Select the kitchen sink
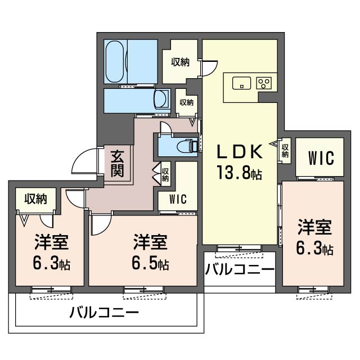point(241,83)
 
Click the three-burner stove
point(264,83)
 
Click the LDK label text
point(240,151)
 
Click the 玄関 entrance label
point(118,164)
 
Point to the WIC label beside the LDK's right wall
point(321,158)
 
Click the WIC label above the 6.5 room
point(178,199)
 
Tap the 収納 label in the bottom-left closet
point(36,199)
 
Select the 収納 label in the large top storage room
point(181,62)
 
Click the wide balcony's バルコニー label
point(104,312)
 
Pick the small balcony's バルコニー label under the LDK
point(240,269)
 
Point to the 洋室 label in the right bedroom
point(315,227)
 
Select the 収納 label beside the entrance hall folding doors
point(165,174)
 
